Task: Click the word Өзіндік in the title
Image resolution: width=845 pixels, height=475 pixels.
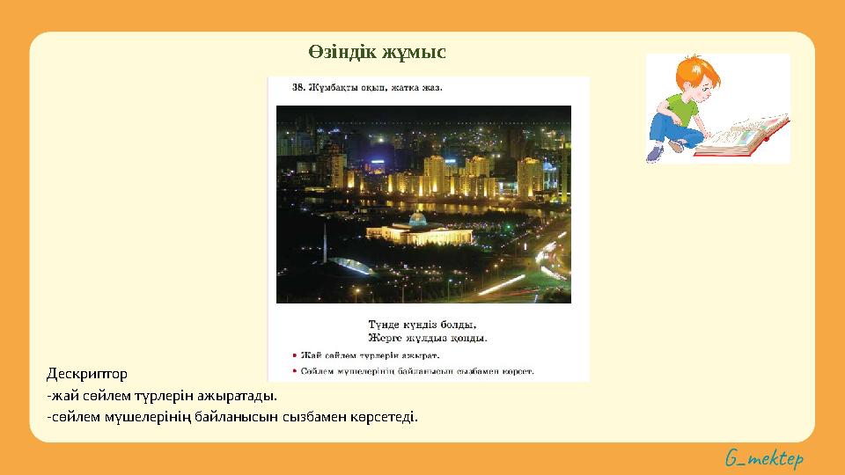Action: click(342, 53)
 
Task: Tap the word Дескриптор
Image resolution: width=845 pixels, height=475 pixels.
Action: click(87, 374)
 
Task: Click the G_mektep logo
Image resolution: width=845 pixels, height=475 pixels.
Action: click(764, 458)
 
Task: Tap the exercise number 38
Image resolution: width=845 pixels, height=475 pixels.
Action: click(298, 87)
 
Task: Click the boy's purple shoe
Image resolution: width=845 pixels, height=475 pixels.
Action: click(654, 154)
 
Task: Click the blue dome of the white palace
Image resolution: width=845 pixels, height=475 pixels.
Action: click(417, 218)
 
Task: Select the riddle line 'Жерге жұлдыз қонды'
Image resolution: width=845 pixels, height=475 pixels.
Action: click(427, 337)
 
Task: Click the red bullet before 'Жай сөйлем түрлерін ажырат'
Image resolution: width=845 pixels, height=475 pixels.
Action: click(293, 355)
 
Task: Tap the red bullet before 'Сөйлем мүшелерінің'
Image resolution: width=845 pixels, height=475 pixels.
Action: click(293, 371)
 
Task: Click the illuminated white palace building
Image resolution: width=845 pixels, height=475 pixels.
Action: click(418, 232)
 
